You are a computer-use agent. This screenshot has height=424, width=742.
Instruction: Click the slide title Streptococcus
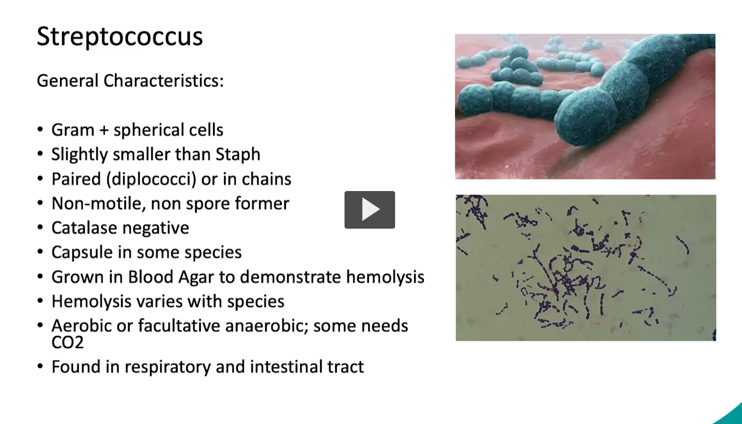[120, 36]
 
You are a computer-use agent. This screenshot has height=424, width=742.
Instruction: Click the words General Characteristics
[130, 81]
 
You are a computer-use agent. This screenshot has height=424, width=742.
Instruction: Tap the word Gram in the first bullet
[73, 130]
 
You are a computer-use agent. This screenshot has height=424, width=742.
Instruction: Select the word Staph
[238, 155]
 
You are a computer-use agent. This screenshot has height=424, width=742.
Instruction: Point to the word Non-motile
[99, 203]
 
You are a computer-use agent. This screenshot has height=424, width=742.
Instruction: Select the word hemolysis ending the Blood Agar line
[385, 277]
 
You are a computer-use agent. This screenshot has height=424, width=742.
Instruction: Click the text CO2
[68, 343]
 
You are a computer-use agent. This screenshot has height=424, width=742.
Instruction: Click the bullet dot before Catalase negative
[40, 227]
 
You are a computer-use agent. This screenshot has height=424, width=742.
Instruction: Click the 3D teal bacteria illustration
[585, 107]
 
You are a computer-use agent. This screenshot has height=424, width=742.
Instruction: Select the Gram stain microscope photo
[585, 268]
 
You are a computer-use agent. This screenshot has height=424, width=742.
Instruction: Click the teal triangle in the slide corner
[733, 415]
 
